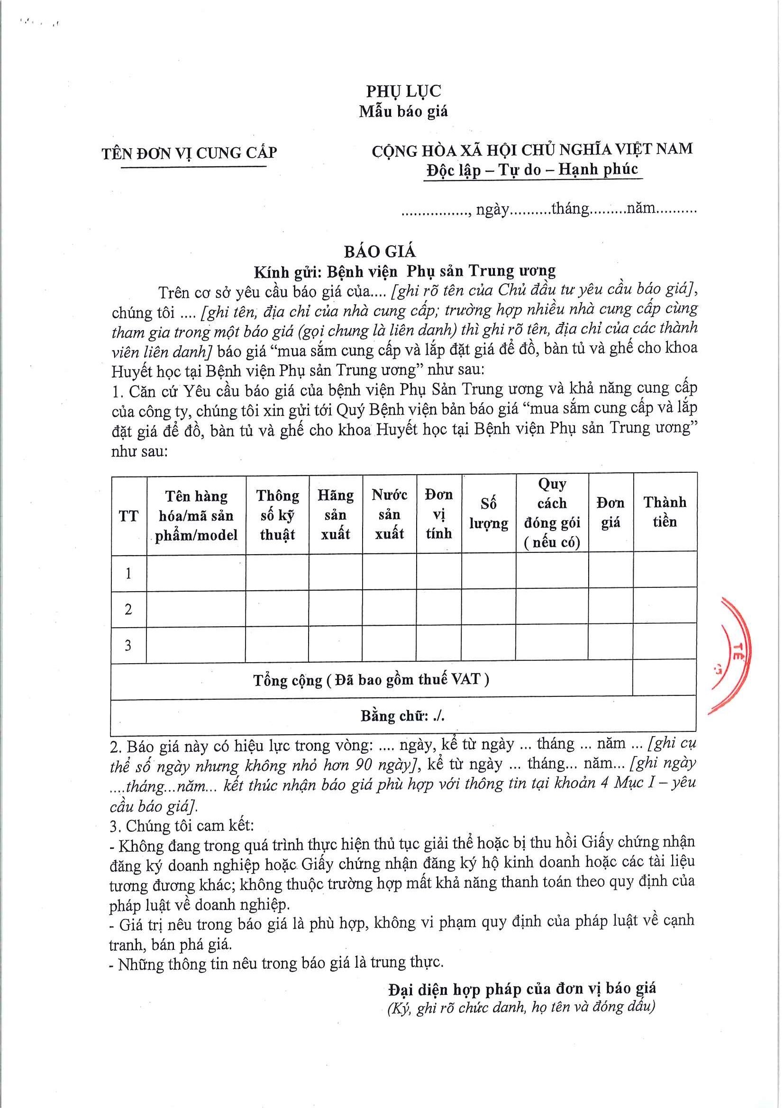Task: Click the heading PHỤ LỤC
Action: coord(403,91)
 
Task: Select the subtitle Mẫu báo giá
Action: coord(403,111)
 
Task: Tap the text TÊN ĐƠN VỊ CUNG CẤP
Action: coord(189,153)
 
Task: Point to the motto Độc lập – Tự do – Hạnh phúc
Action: coord(532,170)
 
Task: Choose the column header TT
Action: coord(128,516)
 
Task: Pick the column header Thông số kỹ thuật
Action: coord(278,515)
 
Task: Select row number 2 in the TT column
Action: coord(128,609)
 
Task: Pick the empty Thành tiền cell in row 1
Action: coord(664,572)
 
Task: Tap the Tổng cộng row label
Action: coord(371,680)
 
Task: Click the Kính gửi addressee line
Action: coord(405,271)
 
